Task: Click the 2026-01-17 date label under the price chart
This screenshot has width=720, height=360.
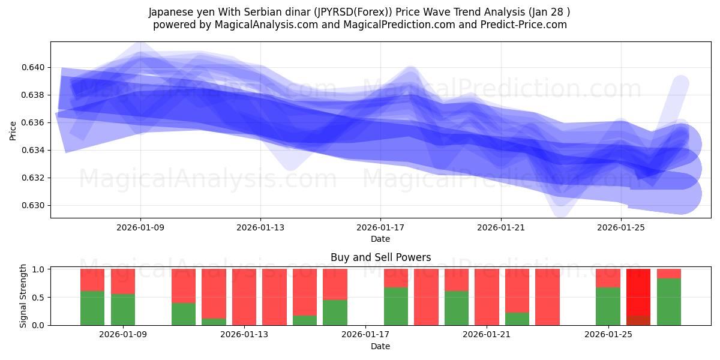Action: pos(380,227)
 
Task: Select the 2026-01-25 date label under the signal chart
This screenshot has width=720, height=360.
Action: pos(608,335)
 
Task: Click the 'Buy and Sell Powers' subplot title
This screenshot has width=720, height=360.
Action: pos(380,257)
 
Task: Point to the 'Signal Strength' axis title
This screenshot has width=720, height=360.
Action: pos(23,296)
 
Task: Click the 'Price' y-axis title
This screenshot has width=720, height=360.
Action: pos(13,130)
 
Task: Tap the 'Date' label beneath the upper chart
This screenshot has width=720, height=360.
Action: pos(380,239)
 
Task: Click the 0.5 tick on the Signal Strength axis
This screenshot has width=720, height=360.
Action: pos(39,298)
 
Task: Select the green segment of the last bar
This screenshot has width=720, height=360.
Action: pos(669,302)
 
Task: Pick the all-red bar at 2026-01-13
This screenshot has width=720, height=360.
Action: pos(244,297)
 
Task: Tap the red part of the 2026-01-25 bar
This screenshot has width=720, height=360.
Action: pos(608,278)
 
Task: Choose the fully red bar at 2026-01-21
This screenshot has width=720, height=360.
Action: pos(487,297)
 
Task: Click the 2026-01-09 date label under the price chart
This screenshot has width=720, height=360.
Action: pos(140,227)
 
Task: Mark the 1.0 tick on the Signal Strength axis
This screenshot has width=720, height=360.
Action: pos(39,269)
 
